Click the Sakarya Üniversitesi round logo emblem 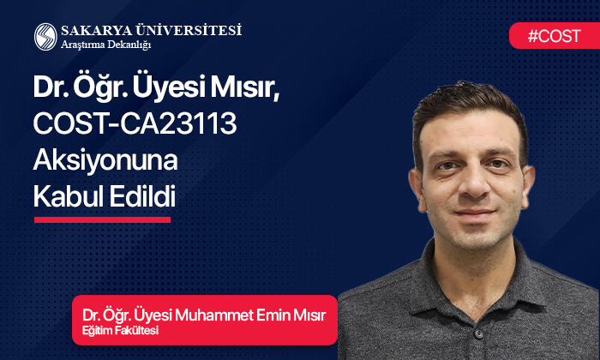coord(45,36)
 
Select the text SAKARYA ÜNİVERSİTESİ coord(151,30)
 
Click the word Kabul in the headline coord(67,196)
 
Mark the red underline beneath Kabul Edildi coord(102,219)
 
